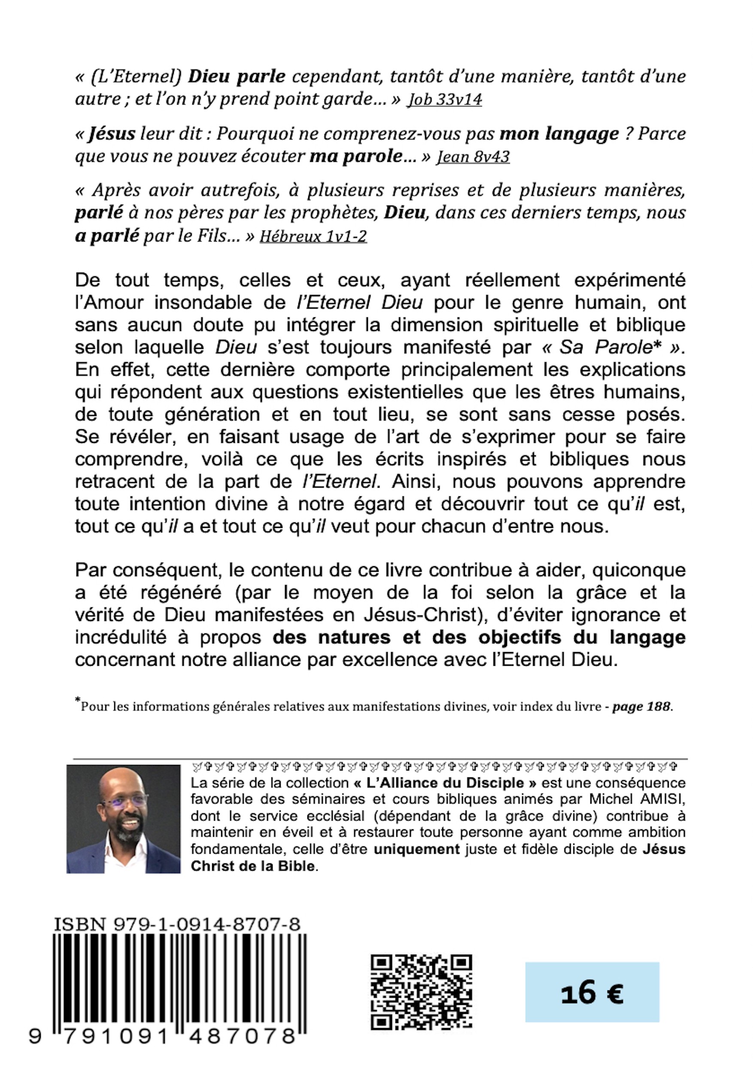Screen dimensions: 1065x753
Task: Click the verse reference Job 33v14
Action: (444, 99)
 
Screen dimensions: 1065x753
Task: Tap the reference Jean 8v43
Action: (473, 157)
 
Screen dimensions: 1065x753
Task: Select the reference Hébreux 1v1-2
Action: (313, 236)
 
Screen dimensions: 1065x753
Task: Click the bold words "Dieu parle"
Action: (236, 76)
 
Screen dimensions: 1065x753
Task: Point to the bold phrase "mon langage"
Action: (559, 134)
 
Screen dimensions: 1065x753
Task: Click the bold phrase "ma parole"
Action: (356, 157)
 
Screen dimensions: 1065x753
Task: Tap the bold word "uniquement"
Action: (416, 850)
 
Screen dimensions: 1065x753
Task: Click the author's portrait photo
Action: (123, 819)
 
